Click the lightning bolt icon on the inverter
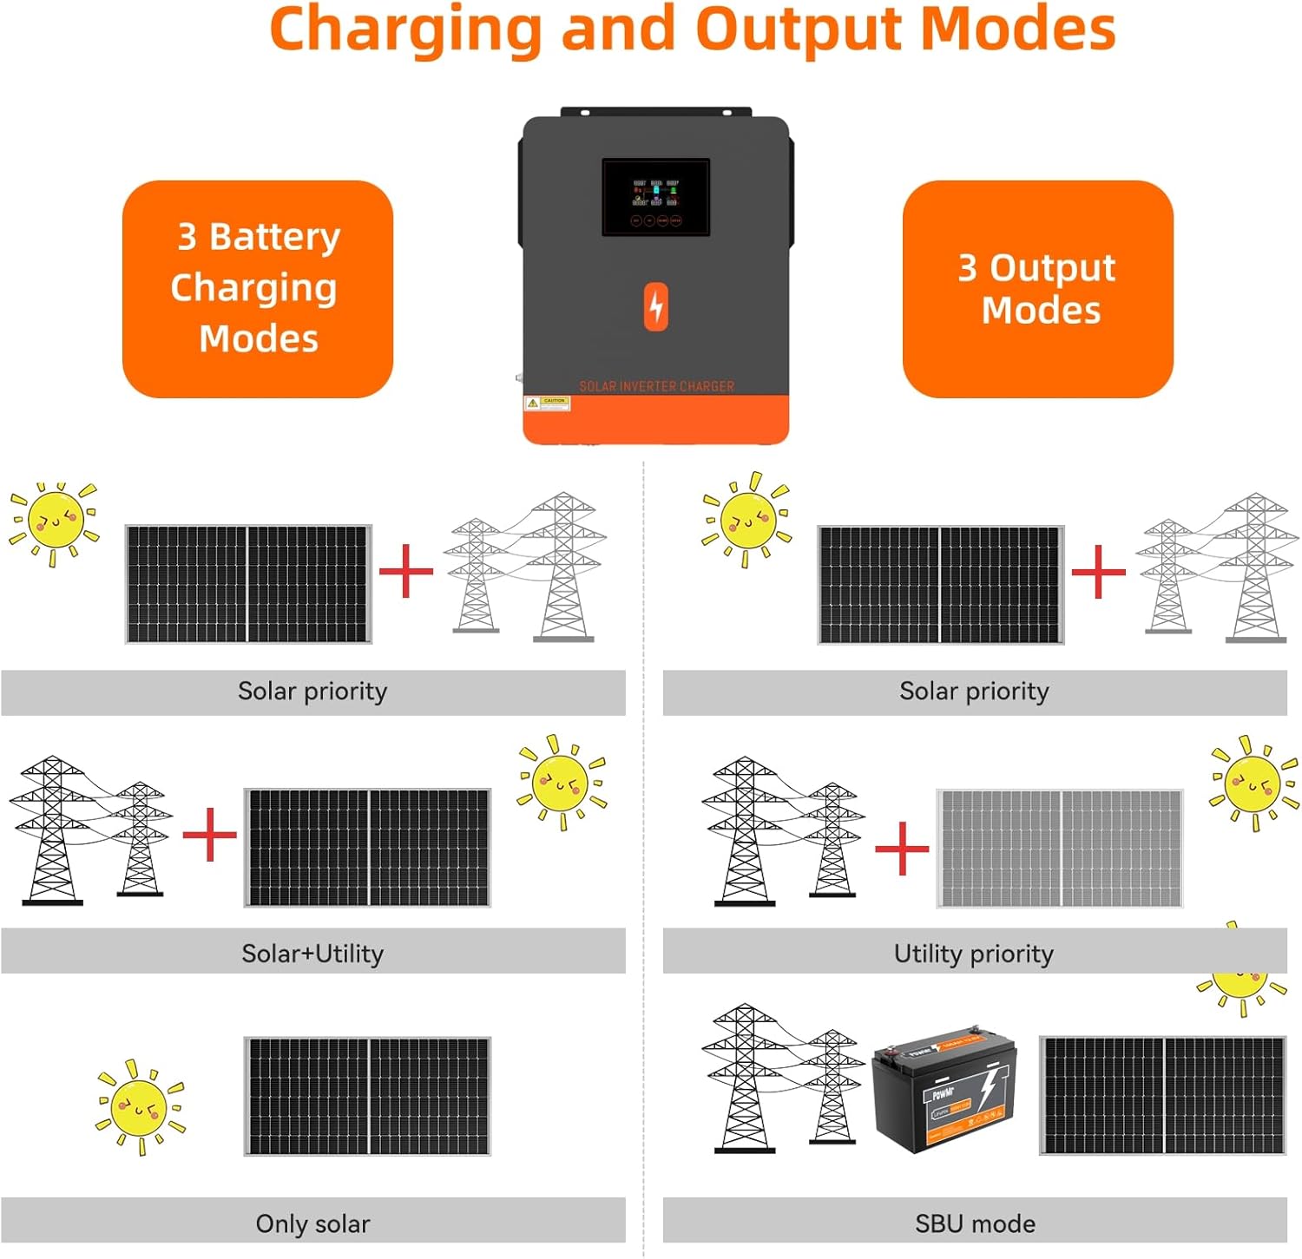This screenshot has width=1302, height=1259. click(656, 306)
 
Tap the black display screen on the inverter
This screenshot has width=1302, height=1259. click(655, 197)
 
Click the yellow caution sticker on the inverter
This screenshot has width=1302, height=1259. click(548, 403)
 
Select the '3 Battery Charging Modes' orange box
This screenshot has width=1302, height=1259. click(258, 289)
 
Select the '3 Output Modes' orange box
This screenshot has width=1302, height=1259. click(1037, 289)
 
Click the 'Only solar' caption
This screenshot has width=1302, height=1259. click(312, 1223)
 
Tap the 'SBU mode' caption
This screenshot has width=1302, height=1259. click(975, 1223)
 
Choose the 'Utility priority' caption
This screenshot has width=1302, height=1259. click(974, 954)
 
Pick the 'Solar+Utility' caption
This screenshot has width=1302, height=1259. click(312, 954)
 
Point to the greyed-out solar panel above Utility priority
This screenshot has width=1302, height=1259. click(1060, 849)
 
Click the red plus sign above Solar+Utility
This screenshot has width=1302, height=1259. click(209, 834)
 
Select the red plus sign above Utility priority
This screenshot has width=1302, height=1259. click(902, 849)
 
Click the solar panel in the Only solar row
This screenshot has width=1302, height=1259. click(367, 1096)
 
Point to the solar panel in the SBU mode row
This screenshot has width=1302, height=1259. click(1162, 1095)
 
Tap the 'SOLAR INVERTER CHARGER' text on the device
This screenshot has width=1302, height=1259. click(656, 386)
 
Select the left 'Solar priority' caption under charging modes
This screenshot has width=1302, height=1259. click(312, 692)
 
